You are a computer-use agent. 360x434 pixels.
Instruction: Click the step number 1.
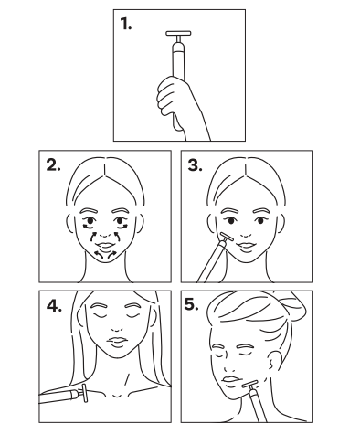click(x=125, y=24)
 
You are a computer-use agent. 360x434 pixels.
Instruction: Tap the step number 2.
click(x=53, y=164)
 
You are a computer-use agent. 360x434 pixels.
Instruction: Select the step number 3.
click(x=195, y=164)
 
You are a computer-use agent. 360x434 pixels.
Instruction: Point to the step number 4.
click(x=54, y=305)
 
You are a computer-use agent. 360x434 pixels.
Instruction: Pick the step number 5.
click(x=192, y=304)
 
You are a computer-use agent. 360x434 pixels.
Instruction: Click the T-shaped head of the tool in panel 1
click(x=178, y=34)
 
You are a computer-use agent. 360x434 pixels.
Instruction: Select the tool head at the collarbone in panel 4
click(x=84, y=393)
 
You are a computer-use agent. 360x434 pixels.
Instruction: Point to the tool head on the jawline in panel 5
click(x=250, y=384)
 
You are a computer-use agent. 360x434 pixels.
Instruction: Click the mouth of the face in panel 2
click(x=105, y=246)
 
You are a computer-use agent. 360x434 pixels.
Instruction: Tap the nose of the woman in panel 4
click(x=117, y=329)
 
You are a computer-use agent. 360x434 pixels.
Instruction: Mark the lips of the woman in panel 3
click(x=247, y=246)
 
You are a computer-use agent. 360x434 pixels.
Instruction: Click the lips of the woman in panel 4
click(x=117, y=341)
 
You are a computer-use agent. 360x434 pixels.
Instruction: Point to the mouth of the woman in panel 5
click(x=230, y=379)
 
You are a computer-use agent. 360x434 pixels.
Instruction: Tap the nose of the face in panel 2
click(x=105, y=235)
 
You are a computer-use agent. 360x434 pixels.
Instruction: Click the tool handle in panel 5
click(x=258, y=406)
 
